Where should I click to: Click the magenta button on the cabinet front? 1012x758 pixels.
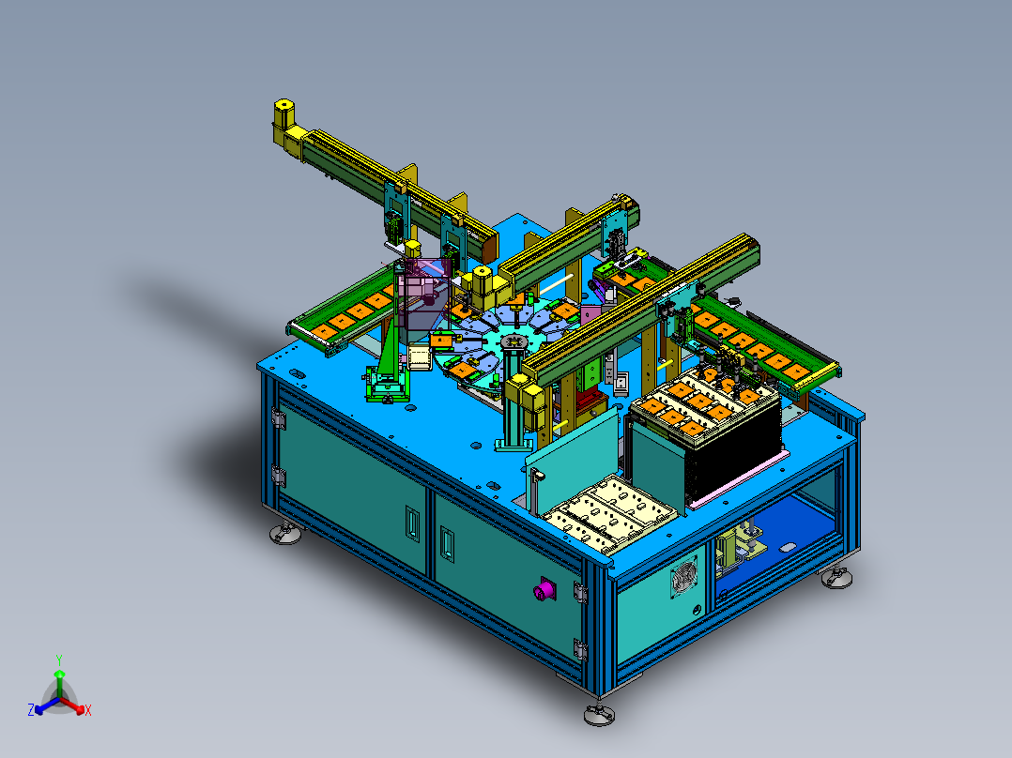544,590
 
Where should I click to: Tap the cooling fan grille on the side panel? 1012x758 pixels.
684,576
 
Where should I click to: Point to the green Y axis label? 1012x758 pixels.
59,659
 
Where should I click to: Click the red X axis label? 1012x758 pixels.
88,710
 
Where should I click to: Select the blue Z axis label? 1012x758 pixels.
31,710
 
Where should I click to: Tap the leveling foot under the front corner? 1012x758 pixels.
599,714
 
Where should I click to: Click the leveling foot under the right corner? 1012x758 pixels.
836,577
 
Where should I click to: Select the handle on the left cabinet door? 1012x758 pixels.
411,523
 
